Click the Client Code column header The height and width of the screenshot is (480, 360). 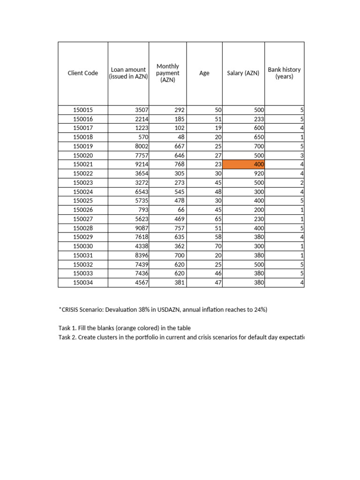pos(83,73)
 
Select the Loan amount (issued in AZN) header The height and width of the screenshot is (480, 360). pos(128,73)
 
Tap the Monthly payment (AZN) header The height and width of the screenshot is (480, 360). pos(168,73)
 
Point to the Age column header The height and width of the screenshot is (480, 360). pos(204,73)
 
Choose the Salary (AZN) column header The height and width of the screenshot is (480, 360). pos(243,73)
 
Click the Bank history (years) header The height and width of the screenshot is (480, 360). pos(284,73)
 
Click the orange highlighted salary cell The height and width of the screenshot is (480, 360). pos(244,165)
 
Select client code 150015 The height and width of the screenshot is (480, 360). pos(83,110)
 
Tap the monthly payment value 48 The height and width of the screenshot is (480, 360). pos(181,137)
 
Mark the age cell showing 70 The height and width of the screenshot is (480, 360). pos(218,246)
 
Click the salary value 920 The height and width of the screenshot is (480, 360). pos(259,173)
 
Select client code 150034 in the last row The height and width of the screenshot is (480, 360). pos(83,283)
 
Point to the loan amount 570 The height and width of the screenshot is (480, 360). pos(143,137)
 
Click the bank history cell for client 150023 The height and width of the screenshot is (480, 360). pos(302,182)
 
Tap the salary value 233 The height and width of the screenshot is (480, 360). pos(259,119)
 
